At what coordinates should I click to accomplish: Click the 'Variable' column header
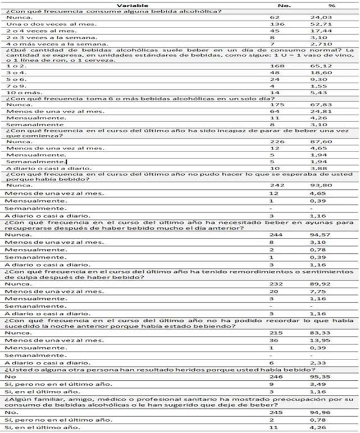(133, 4)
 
